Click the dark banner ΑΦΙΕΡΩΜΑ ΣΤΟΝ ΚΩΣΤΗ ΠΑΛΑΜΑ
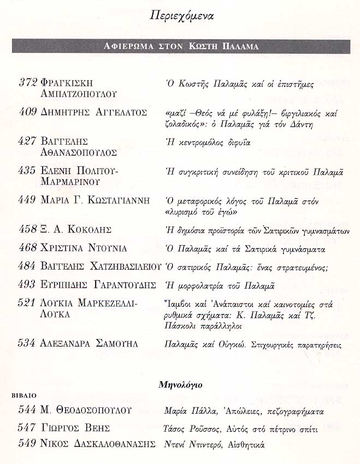point(181,46)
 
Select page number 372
point(28,82)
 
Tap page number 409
point(28,112)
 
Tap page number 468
point(28,248)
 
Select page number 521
point(28,303)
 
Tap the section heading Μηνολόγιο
point(180,385)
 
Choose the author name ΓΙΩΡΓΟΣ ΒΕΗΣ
point(75,428)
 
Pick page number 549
point(28,444)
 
